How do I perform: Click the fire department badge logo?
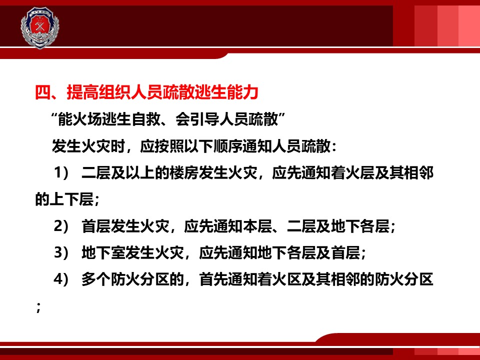pos(40,27)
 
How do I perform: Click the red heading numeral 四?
pos(43,92)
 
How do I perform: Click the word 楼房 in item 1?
pos(184,173)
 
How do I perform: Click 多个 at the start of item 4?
pos(96,279)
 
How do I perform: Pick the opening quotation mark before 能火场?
pos(54,116)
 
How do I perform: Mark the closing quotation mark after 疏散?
pos(282,116)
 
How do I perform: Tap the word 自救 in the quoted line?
pos(146,119)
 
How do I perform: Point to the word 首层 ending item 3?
pos(346,253)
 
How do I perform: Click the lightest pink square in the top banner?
pos(469,26)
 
